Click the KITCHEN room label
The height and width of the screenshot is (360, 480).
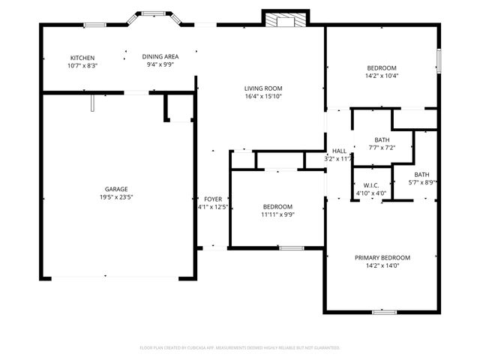[x=82, y=58]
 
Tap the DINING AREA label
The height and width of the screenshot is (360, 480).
[x=160, y=56]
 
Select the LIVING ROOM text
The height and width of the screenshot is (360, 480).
[x=262, y=88]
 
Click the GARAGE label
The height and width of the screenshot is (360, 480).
[x=115, y=189]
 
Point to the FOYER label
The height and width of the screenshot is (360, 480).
[x=212, y=199]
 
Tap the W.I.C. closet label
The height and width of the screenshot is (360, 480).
[x=370, y=185]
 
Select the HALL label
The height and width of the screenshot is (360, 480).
[x=340, y=151]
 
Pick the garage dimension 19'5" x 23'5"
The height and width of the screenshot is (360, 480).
[x=115, y=197]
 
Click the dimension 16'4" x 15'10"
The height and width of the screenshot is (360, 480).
[x=262, y=96]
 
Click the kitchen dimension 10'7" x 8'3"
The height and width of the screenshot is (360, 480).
[x=82, y=66]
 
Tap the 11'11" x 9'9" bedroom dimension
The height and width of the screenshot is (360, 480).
[x=277, y=214]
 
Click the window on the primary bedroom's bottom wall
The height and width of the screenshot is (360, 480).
[x=384, y=311]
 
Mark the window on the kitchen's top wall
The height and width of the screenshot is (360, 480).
[x=94, y=25]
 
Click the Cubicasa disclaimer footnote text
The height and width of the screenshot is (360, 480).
[x=240, y=348]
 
